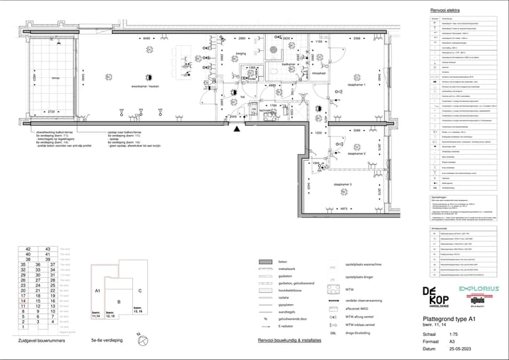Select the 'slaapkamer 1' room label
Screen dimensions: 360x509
click(354, 85)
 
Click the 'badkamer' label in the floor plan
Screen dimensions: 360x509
click(288, 64)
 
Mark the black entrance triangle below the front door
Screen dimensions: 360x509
click(236, 129)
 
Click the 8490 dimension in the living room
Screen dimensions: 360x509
click(147, 37)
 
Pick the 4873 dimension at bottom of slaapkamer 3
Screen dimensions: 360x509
click(342, 209)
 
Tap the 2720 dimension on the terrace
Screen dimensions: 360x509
click(51, 111)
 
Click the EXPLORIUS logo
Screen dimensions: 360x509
click(479, 289)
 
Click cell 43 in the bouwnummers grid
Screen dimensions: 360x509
click(48, 250)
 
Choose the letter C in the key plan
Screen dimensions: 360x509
click(140, 291)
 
